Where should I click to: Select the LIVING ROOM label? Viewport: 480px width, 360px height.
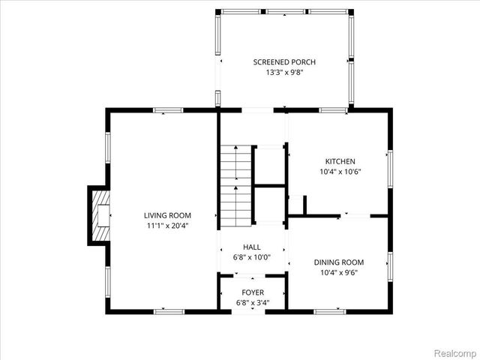168,215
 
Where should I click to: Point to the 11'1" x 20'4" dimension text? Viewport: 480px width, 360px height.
168,226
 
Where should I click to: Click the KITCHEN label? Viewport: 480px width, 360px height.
340,161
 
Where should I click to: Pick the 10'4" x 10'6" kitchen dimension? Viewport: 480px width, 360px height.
340,172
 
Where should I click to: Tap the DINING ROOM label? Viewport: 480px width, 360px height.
338,262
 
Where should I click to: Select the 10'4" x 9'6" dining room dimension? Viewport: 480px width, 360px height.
338,272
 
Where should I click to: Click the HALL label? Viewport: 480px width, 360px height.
251,247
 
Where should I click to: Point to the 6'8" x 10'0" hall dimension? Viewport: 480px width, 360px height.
251,257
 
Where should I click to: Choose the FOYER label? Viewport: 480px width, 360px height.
252,292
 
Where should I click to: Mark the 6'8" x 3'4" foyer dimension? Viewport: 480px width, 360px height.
252,302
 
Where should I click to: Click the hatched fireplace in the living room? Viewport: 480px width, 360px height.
99,215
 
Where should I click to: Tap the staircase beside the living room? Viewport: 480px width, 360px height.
235,183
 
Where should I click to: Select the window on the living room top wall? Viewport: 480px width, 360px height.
168,110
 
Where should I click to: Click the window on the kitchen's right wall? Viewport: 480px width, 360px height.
389,166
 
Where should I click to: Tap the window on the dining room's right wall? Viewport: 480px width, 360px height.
389,265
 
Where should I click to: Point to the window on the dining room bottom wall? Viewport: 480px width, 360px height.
328,310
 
